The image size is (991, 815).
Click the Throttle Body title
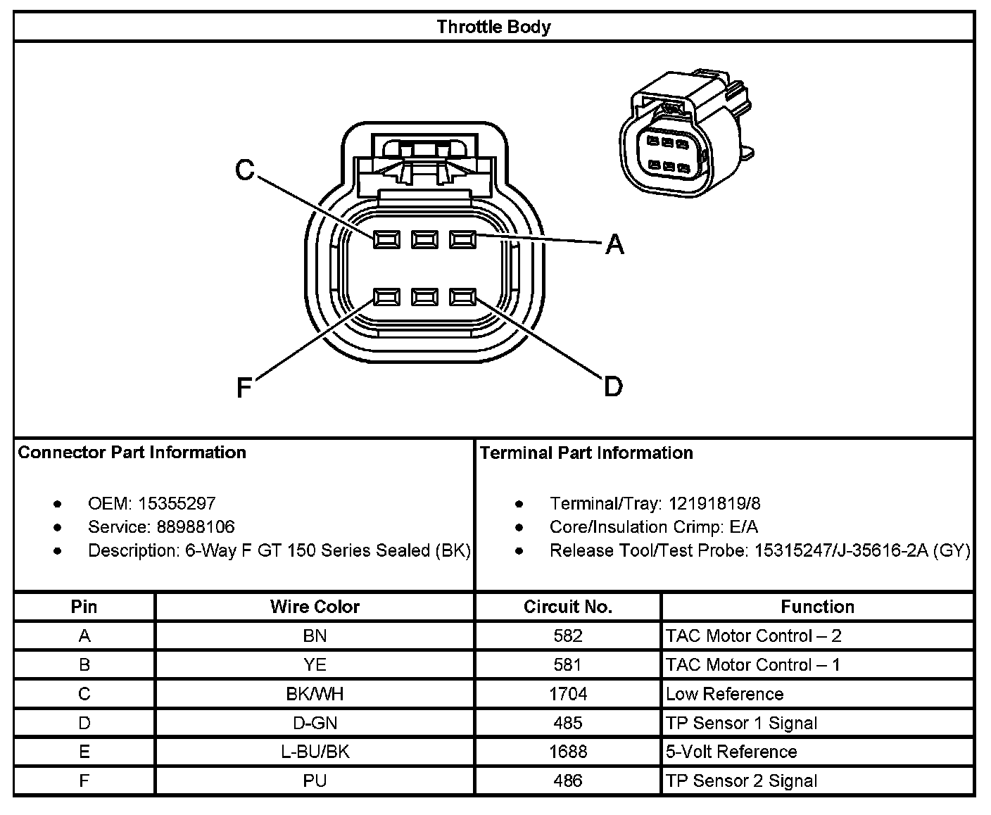pos(493,27)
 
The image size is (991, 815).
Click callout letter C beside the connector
pos(244,170)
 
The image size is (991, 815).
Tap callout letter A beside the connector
pos(614,244)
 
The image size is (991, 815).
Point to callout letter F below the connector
pos(244,388)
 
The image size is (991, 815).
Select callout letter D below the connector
pos(613,386)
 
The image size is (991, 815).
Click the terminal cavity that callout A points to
pos(462,240)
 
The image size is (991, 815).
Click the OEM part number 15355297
pos(177,503)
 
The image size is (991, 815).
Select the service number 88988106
pos(187,526)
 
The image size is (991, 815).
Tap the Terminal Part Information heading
pos(586,453)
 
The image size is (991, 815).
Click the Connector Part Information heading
pos(132,453)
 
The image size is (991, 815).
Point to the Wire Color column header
pos(315,607)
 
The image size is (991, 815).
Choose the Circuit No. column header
pos(568,607)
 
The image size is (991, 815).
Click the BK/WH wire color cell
pos(315,694)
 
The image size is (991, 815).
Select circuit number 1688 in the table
pos(568,752)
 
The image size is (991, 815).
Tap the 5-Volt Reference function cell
pos(731,752)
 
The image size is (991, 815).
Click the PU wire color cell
pos(315,781)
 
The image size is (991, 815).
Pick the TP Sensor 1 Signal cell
pos(741,723)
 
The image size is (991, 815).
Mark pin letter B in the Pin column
pos(84,665)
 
